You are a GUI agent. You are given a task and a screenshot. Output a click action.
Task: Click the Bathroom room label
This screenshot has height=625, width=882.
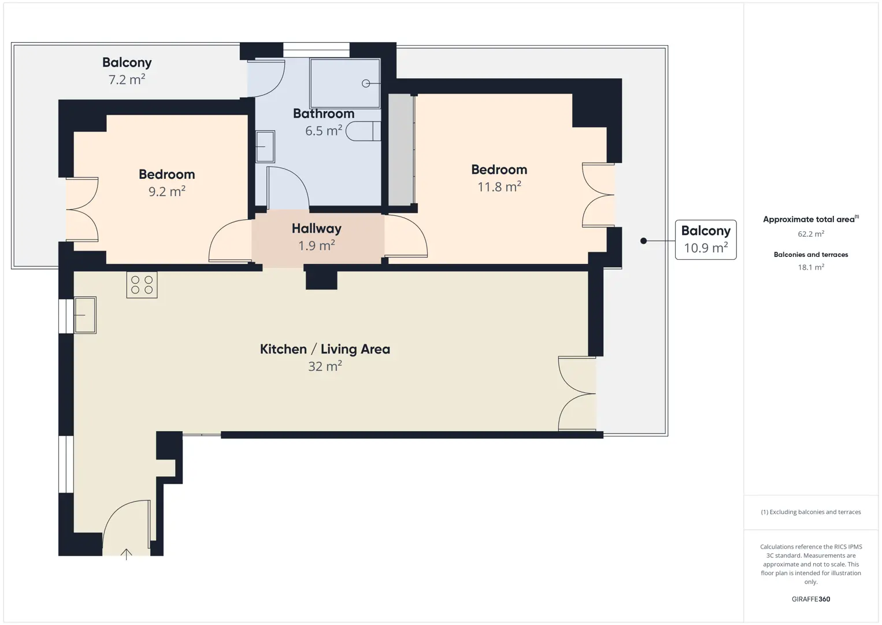(x=324, y=113)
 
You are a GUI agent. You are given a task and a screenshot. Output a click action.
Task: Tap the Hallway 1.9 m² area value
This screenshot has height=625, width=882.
(x=317, y=246)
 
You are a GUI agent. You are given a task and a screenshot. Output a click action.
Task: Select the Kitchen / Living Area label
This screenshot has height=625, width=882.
(x=325, y=349)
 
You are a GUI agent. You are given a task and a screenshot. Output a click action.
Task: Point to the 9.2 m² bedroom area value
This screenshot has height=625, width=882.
(x=167, y=191)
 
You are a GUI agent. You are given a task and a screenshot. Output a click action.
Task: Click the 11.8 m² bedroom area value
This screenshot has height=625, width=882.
(x=499, y=186)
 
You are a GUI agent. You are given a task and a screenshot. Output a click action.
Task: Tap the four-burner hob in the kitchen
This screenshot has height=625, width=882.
(x=142, y=285)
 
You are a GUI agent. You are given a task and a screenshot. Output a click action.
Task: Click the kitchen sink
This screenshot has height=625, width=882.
(x=85, y=315)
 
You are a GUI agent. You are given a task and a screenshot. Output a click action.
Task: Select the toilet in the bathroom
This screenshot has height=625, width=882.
(x=363, y=131)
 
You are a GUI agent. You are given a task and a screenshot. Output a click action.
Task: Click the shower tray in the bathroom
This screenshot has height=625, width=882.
(x=345, y=83)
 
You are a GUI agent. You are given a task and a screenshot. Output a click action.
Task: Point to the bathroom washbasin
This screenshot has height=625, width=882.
(x=265, y=146)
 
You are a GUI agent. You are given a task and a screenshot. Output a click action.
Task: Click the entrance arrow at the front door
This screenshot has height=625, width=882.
(x=126, y=554)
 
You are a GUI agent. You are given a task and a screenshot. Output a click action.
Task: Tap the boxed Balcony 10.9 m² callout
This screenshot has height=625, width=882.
(x=706, y=240)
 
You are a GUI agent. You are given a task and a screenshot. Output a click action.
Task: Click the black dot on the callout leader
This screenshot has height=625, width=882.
(x=643, y=241)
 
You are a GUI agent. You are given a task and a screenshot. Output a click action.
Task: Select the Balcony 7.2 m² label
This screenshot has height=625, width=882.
(x=127, y=71)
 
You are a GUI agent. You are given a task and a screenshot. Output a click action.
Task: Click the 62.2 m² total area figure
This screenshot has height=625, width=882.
(x=811, y=234)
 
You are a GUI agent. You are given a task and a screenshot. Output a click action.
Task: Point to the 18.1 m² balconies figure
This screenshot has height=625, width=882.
(x=811, y=267)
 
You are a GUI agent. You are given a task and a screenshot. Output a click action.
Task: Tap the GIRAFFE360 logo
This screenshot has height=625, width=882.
(x=811, y=599)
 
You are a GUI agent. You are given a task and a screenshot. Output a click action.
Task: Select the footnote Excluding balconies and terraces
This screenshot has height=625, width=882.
(x=811, y=512)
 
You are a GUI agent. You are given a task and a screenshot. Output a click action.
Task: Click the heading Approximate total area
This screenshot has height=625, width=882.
(x=811, y=219)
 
